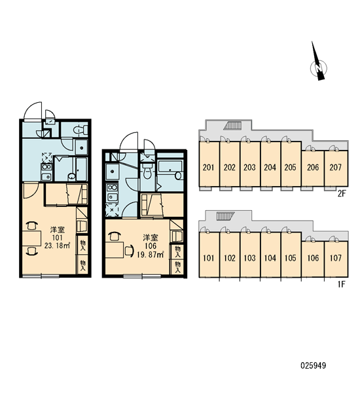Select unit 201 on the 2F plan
(209, 164)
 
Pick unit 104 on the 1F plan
(270, 255)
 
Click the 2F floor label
(341, 193)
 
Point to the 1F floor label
(341, 284)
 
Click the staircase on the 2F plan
(233, 125)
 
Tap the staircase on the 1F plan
(225, 216)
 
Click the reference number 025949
(313, 365)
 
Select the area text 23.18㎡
(57, 246)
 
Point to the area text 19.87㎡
(151, 255)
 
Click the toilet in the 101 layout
(81, 130)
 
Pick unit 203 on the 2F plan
(250, 164)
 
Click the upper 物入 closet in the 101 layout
(82, 245)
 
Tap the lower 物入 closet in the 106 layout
(177, 267)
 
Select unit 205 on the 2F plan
(291, 164)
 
